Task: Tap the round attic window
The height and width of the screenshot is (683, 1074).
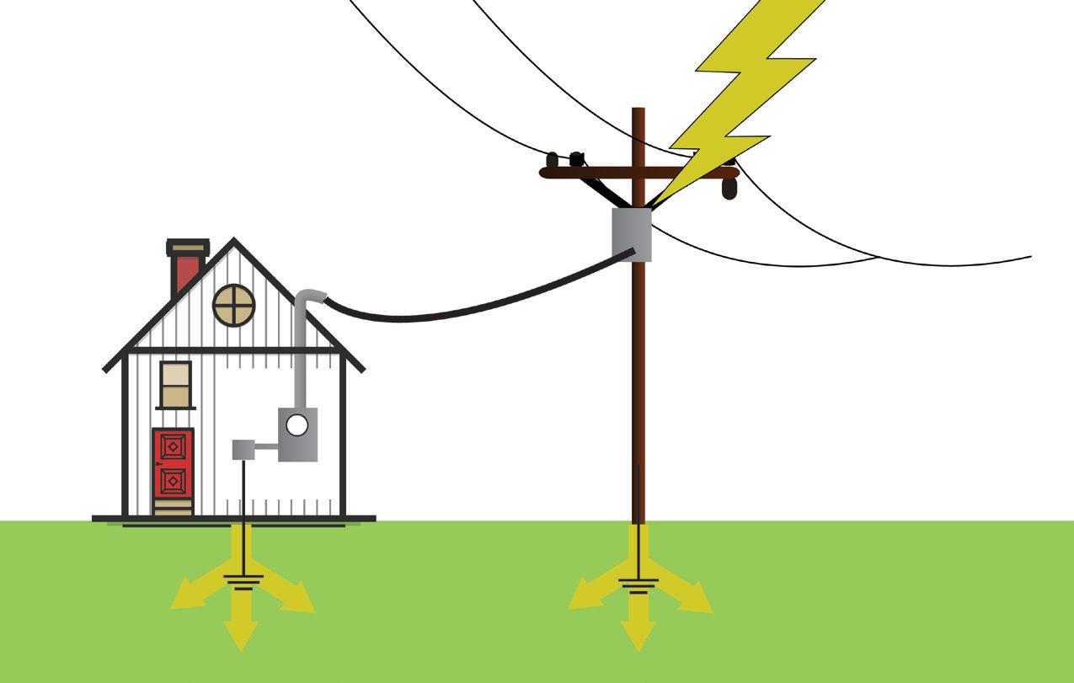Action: (234, 305)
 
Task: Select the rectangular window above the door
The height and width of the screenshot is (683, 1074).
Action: (176, 384)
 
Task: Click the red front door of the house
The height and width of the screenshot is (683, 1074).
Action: (173, 462)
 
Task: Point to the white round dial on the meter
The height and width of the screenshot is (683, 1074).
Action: (297, 425)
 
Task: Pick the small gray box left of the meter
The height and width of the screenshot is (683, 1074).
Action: (243, 449)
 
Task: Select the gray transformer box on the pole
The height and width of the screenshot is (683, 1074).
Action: (632, 234)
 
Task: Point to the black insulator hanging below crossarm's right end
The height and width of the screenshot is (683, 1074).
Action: (729, 189)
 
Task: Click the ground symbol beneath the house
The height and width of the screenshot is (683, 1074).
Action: (243, 581)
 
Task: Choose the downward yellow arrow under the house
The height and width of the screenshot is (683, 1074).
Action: (242, 627)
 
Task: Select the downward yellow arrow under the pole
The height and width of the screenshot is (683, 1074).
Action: (639, 629)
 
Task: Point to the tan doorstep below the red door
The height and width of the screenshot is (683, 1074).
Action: (173, 507)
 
